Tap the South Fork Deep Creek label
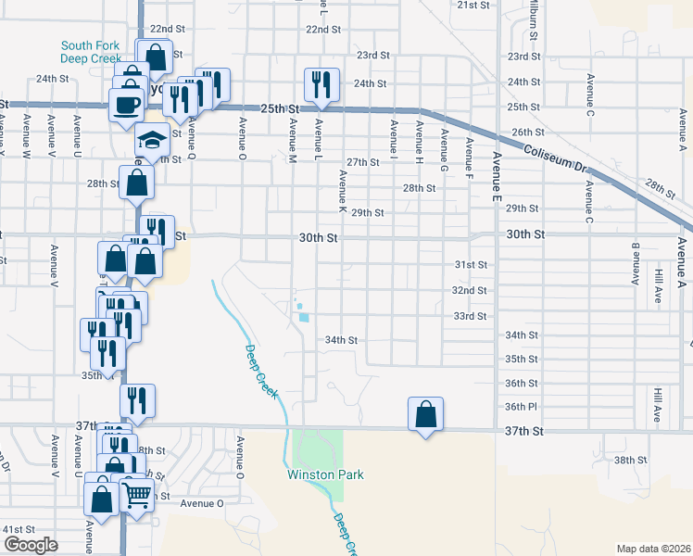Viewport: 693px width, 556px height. click(x=92, y=51)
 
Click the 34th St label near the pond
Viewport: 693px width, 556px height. click(x=341, y=340)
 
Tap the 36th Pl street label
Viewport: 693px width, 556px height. click(x=521, y=407)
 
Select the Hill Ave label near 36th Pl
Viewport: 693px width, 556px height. click(x=657, y=401)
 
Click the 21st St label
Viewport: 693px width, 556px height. click(x=472, y=6)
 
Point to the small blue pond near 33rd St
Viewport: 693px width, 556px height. click(x=304, y=317)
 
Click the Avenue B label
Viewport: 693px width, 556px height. click(x=636, y=264)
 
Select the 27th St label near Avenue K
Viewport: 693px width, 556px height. click(x=363, y=162)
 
